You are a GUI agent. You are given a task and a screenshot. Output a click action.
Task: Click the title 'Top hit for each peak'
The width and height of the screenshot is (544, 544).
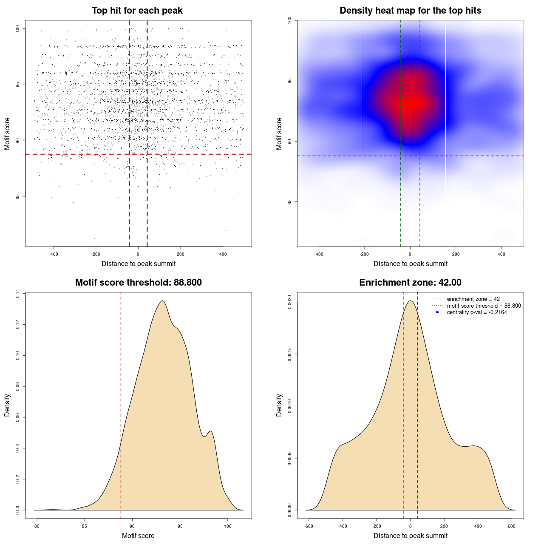tap(137, 11)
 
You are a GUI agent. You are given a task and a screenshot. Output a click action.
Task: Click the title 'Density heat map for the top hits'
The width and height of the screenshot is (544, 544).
tap(410, 11)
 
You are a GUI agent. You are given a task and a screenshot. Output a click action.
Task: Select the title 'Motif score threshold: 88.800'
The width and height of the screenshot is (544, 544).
tap(138, 283)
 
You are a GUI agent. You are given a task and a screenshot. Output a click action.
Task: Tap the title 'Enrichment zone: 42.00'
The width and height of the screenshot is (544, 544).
tap(410, 283)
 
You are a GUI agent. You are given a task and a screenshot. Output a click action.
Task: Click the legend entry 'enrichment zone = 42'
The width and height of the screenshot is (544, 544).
tap(473, 299)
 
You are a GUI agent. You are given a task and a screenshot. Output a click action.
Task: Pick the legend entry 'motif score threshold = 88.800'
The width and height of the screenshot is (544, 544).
tap(484, 306)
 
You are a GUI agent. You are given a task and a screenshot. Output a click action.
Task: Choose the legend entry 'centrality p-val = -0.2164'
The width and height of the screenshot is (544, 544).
tap(476, 312)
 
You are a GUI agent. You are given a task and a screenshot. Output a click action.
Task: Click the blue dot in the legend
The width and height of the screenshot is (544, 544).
tap(437, 312)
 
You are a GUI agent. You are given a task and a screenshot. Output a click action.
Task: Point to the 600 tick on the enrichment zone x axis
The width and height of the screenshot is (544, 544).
tap(512, 526)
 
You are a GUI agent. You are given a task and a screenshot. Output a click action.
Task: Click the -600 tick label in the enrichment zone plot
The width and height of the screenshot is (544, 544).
tap(309, 526)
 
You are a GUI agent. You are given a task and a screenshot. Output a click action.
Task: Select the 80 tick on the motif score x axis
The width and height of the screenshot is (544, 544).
tap(37, 526)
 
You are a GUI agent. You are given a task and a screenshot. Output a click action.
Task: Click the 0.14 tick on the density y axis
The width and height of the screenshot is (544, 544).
tap(18, 294)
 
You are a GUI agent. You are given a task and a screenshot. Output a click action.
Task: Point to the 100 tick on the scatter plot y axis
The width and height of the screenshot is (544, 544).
tap(18, 28)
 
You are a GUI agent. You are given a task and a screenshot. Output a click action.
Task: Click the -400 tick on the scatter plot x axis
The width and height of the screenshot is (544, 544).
tap(54, 254)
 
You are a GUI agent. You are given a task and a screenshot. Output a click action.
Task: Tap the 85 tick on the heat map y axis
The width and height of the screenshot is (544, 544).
tap(290, 201)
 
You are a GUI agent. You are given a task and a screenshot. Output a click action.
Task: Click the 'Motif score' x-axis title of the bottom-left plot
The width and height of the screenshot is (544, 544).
tap(138, 535)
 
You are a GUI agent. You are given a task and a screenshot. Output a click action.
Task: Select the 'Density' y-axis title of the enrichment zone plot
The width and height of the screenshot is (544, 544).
tap(279, 405)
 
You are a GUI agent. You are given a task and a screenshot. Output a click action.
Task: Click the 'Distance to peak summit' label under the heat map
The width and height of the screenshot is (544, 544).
tap(410, 263)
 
